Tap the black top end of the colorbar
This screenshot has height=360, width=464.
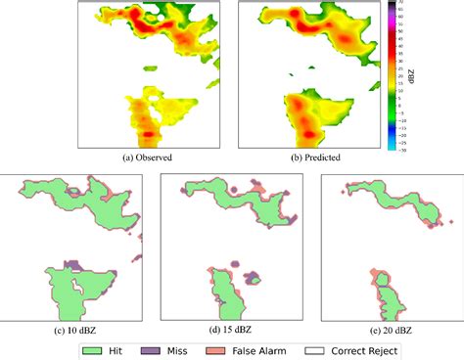(393, 4)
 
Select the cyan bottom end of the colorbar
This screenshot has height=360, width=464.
(393, 147)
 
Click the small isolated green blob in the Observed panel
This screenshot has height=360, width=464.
(150, 69)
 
